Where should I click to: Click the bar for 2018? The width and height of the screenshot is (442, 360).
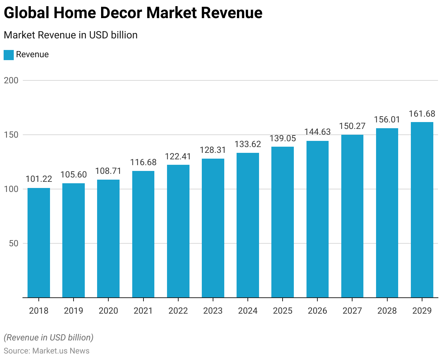[39, 243]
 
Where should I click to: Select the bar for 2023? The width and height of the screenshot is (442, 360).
[213, 228]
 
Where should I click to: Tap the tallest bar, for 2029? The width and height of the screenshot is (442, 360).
[422, 210]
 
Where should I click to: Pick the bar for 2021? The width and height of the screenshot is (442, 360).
[143, 234]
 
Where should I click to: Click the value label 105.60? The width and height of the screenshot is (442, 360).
[74, 175]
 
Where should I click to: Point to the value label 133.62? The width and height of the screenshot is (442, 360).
[248, 144]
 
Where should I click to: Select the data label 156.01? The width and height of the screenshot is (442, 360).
[387, 120]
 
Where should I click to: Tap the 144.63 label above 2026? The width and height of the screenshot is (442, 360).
[317, 132]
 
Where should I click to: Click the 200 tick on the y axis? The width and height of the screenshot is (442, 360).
[11, 80]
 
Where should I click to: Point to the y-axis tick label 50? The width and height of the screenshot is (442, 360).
[13, 243]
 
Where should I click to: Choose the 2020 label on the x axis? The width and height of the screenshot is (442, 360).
[108, 311]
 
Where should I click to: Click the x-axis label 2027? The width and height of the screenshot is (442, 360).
[352, 311]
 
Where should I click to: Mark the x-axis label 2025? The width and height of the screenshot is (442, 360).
[283, 311]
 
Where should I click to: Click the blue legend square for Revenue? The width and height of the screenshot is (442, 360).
[9, 55]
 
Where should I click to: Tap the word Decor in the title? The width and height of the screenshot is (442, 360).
[121, 13]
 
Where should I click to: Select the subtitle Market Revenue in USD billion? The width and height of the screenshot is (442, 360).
[71, 35]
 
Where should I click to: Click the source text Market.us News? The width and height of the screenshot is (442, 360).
[61, 351]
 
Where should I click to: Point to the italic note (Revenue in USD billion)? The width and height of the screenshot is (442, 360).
[49, 338]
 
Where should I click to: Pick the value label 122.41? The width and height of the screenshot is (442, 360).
[178, 156]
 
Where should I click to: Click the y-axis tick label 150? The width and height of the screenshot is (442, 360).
[11, 135]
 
